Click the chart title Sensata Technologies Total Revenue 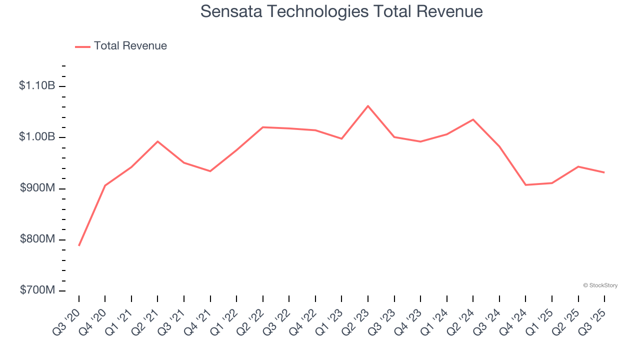click(341, 11)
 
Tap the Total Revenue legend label click(130, 46)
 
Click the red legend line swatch click(82, 46)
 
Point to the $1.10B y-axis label click(37, 86)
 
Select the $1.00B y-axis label click(37, 137)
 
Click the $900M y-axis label click(37, 188)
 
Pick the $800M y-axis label click(37, 239)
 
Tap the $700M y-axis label click(37, 290)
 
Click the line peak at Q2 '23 click(368, 106)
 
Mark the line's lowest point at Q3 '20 click(79, 245)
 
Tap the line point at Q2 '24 click(473, 119)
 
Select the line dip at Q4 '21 click(210, 171)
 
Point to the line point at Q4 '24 click(525, 185)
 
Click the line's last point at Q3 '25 click(604, 172)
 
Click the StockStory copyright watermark click(600, 285)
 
